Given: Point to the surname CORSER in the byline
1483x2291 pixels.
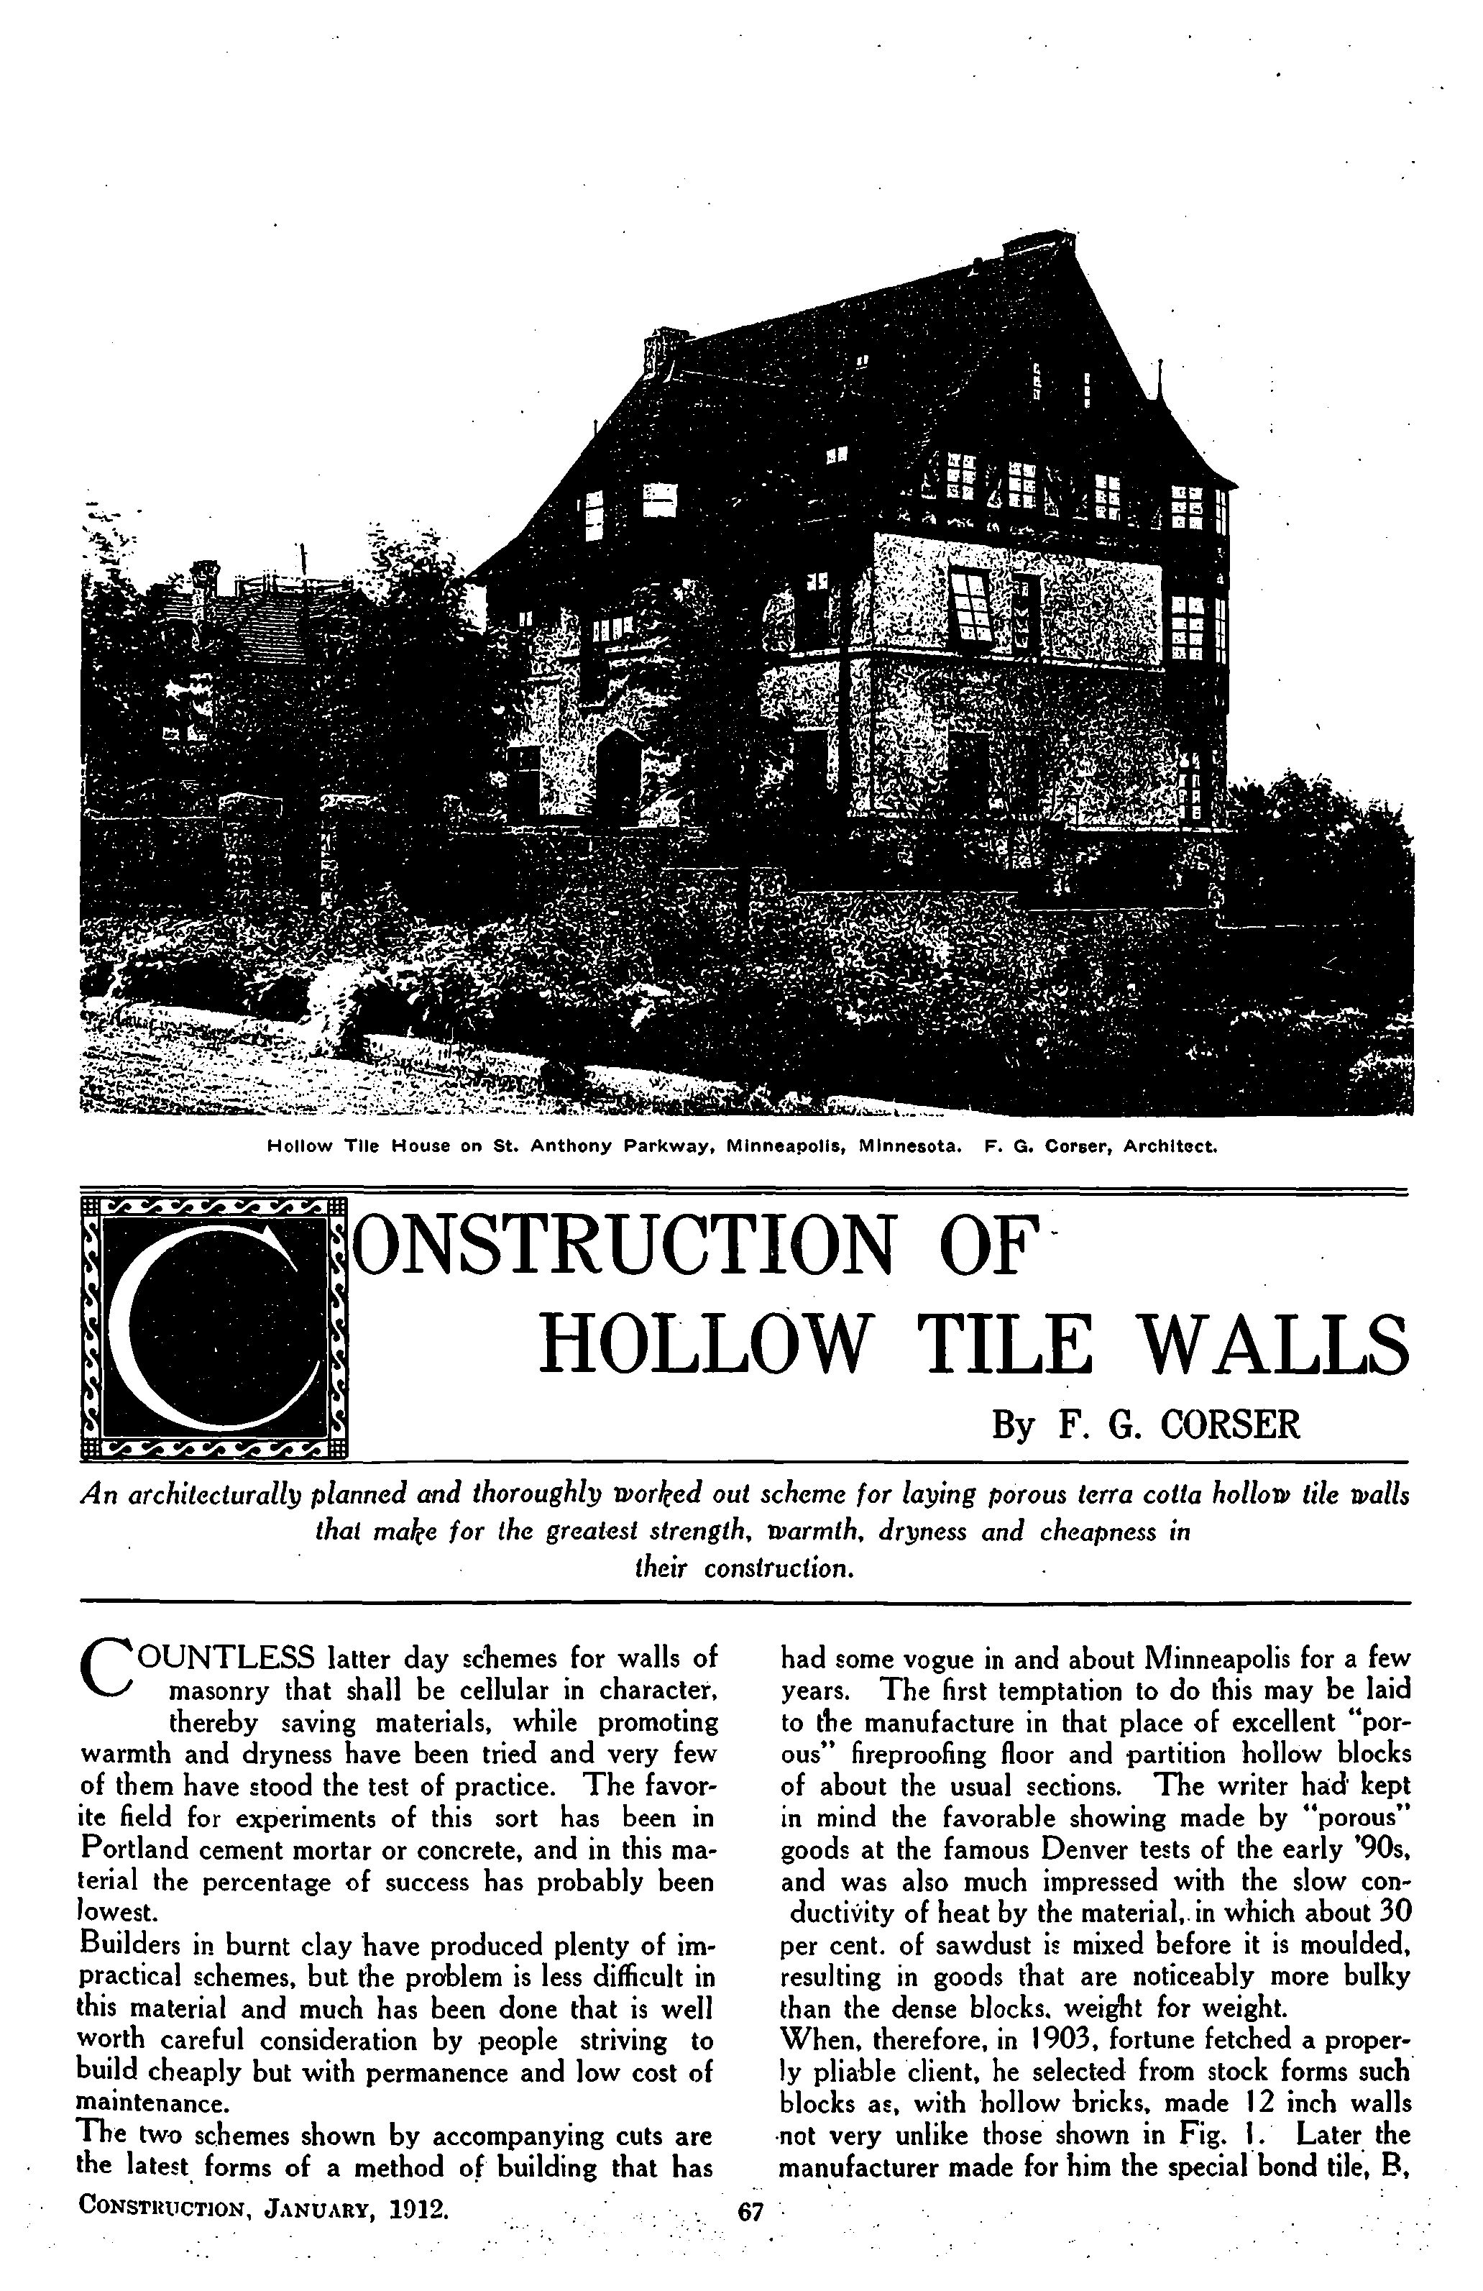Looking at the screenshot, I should [1230, 1425].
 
